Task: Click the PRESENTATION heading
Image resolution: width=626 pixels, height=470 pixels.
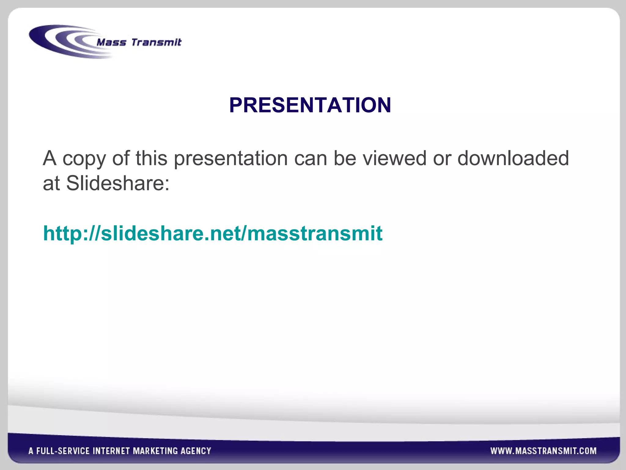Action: [310, 105]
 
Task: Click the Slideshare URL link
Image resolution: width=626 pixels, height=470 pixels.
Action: [213, 233]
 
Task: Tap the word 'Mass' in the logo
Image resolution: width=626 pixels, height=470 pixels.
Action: [111, 42]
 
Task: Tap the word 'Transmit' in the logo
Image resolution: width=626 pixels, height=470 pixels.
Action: [156, 42]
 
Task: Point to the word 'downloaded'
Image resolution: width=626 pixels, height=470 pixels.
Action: [513, 158]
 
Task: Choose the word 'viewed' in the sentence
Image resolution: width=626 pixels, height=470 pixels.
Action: [394, 158]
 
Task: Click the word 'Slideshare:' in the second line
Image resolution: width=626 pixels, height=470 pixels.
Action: [118, 183]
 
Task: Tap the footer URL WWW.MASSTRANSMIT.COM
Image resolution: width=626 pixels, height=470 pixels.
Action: [543, 451]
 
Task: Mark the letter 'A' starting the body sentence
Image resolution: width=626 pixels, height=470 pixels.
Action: [50, 158]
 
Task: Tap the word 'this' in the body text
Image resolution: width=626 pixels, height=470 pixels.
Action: [151, 158]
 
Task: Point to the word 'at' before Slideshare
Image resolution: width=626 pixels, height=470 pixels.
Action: [51, 184]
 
